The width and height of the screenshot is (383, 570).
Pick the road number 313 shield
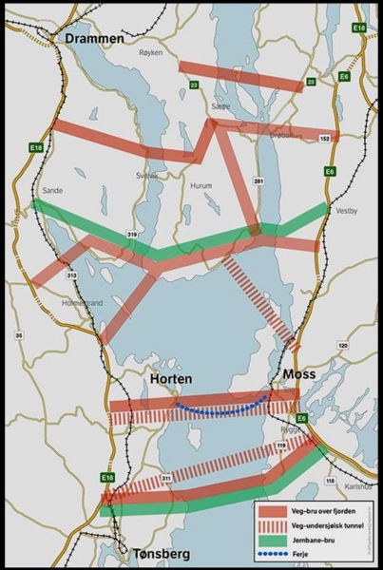tap(71, 275)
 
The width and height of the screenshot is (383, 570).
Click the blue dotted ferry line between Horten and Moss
tap(219, 410)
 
